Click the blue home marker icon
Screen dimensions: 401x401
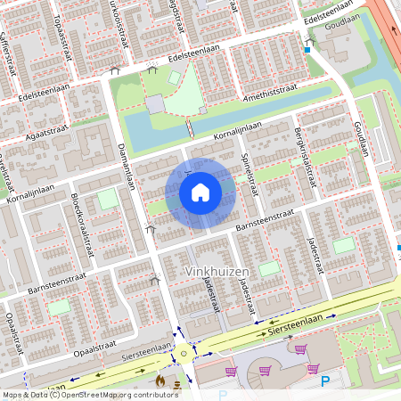click(x=200, y=192)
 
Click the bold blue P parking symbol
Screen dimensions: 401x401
click(x=325, y=381)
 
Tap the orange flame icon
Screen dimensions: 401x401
click(x=160, y=381)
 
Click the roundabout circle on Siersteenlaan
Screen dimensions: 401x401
click(x=184, y=352)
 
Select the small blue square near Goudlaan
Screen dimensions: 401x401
click(x=307, y=51)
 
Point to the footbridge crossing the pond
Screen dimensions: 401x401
click(x=188, y=128)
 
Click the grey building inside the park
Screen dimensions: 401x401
click(x=156, y=104)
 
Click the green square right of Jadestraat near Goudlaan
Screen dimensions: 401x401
click(x=343, y=244)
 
